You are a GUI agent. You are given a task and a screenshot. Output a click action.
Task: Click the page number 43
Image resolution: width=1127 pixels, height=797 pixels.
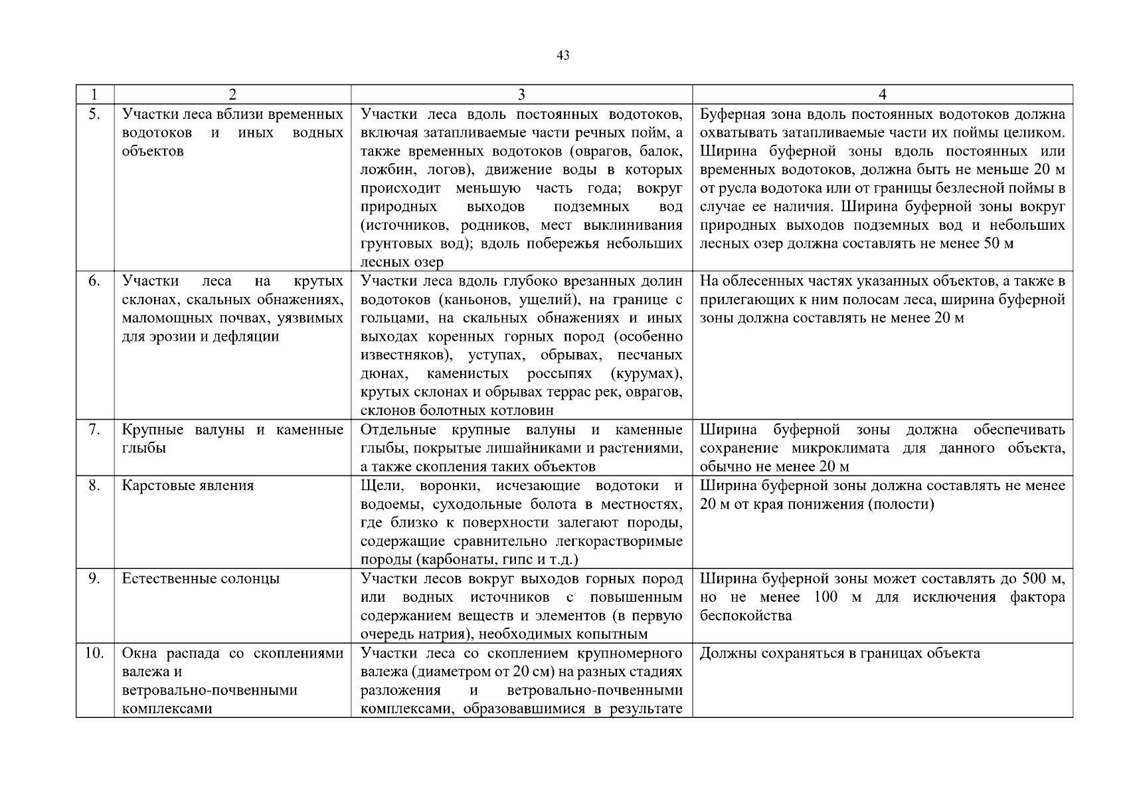[563, 56]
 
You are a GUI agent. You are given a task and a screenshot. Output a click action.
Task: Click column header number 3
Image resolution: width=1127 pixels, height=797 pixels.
[521, 94]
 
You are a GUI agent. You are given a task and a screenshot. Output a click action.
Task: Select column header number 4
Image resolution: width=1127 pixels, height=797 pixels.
[882, 94]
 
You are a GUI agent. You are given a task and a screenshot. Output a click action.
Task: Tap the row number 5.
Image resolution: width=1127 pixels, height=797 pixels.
[94, 114]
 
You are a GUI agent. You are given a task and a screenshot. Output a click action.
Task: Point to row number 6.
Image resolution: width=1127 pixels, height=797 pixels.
[94, 281]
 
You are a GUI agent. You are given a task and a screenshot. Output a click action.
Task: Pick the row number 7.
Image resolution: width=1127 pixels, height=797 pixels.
[94, 430]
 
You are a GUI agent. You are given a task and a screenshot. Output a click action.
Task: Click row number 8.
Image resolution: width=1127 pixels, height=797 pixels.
[94, 486]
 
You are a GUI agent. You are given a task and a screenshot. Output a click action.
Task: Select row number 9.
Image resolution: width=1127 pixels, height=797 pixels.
[94, 578]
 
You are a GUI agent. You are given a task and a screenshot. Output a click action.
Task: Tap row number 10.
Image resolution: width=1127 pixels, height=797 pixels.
[94, 653]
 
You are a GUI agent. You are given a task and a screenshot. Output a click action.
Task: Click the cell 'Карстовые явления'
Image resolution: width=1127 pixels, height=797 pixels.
[188, 486]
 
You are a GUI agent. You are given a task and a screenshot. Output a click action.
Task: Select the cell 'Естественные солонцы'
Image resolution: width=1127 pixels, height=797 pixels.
[201, 578]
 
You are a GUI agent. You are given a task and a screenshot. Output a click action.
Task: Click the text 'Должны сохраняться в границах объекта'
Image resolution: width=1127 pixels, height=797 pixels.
[839, 653]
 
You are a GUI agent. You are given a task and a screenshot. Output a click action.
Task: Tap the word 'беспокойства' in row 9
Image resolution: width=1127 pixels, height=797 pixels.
[745, 616]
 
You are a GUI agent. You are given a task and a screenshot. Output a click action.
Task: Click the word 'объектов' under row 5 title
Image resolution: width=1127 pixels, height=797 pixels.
[153, 151]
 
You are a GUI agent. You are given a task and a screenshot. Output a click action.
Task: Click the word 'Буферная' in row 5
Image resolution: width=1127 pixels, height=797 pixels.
[730, 114]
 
